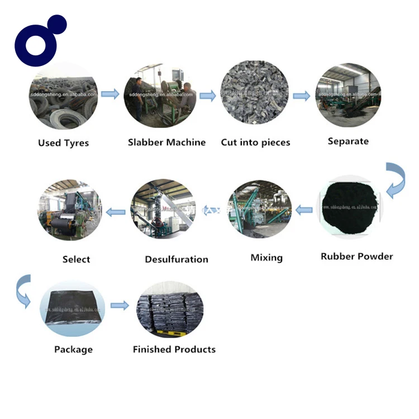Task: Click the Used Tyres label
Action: [x=63, y=143]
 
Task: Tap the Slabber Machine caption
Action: [x=166, y=142]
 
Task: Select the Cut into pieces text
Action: [x=255, y=142]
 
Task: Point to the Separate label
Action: [x=348, y=141]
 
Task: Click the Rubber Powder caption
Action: [x=356, y=256]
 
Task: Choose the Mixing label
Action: [x=266, y=258]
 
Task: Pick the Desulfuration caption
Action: [x=177, y=259]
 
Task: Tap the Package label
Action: [x=73, y=350]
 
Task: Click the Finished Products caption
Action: [x=174, y=350]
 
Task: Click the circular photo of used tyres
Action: [x=63, y=96]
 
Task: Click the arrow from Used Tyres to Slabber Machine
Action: [x=110, y=94]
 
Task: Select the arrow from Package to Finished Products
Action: [x=120, y=306]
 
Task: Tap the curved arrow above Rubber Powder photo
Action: [x=396, y=179]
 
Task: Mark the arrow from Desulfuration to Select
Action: [x=116, y=211]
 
